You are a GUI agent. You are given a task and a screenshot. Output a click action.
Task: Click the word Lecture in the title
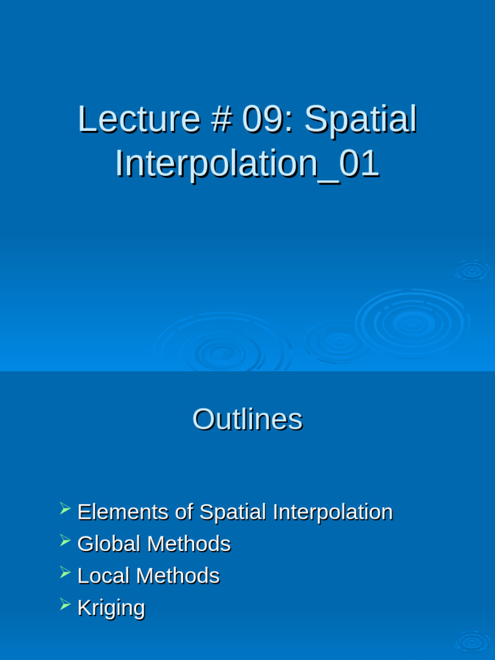tap(139, 120)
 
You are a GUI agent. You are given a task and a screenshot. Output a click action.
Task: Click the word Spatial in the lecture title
tap(360, 120)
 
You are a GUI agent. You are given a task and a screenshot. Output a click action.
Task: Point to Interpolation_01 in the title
tap(247, 164)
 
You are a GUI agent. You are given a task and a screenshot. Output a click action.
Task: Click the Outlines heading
tap(247, 420)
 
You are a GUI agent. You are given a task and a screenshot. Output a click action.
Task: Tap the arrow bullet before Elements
tap(65, 509)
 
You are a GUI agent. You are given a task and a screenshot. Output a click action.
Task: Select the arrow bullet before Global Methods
tap(65, 541)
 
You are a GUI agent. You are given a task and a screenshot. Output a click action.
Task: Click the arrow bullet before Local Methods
tap(65, 572)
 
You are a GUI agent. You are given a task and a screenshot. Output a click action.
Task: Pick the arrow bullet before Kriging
tap(65, 605)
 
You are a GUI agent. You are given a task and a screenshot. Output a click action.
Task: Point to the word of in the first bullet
tap(184, 512)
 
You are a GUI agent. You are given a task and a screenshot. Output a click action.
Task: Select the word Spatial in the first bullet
tap(233, 512)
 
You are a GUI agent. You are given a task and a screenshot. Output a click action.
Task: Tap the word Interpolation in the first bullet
tap(333, 512)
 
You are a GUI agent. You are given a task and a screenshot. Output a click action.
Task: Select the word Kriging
tap(111, 608)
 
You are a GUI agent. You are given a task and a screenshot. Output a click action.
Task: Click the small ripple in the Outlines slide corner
tap(472, 641)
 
